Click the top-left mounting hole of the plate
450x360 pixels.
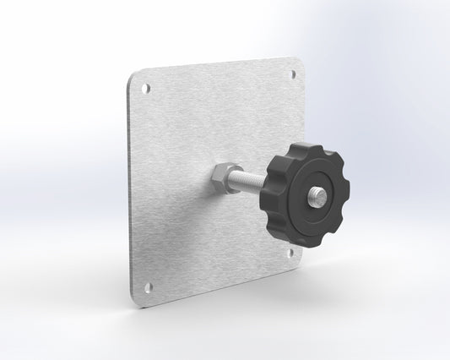click(145, 87)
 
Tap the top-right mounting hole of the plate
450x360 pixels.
click(295, 74)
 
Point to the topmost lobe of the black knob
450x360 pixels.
click(301, 147)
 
